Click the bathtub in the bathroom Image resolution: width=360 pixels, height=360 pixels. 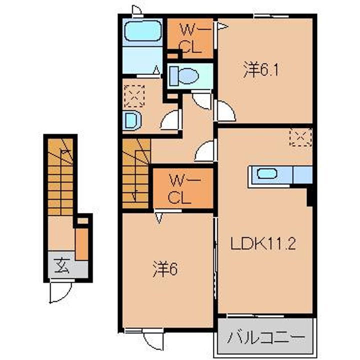(142, 32)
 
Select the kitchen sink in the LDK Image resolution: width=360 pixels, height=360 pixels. (267, 174)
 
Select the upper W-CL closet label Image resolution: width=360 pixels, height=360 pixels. (190, 39)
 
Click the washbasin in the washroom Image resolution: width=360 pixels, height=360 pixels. (131, 119)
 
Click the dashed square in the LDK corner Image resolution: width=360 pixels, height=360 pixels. (302, 135)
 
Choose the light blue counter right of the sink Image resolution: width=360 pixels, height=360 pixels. (302, 175)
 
